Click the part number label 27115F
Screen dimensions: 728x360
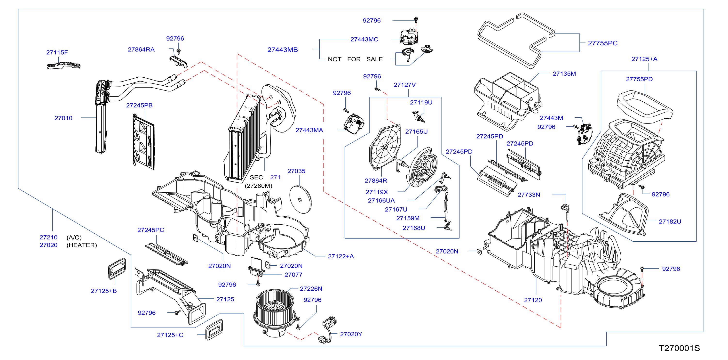click(x=57, y=52)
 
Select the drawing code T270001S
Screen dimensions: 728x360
click(x=679, y=348)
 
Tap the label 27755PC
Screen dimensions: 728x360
click(x=603, y=43)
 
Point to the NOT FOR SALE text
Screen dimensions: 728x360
click(x=355, y=59)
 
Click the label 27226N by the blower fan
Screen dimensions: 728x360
click(x=311, y=288)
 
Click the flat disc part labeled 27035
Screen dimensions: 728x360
click(x=301, y=200)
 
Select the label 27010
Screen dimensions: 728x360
click(x=63, y=118)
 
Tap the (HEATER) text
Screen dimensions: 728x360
click(x=82, y=245)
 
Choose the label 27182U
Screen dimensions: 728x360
click(x=670, y=221)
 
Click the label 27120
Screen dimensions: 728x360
click(x=533, y=300)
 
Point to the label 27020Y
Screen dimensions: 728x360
click(x=351, y=334)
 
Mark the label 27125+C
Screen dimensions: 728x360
click(x=170, y=335)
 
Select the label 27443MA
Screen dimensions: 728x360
click(x=309, y=130)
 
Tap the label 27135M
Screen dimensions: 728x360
click(x=564, y=74)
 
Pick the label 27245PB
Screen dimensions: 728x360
click(x=139, y=105)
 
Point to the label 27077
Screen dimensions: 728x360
click(x=293, y=275)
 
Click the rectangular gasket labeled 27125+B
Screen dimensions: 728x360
click(x=117, y=268)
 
